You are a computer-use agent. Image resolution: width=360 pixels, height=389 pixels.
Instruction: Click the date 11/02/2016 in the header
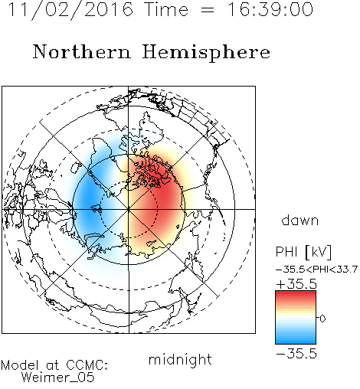[x=70, y=10]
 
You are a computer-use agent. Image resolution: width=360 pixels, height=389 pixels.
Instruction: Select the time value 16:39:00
[x=270, y=9]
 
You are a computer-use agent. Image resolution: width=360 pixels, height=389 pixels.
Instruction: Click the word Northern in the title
[x=81, y=51]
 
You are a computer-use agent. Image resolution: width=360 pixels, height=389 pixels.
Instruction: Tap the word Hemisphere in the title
[x=206, y=53]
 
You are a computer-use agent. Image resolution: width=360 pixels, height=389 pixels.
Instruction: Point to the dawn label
[x=300, y=220]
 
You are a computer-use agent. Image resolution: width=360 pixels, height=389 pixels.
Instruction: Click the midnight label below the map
[x=180, y=360]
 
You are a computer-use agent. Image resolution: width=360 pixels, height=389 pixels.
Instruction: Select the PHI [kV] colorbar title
[x=303, y=252]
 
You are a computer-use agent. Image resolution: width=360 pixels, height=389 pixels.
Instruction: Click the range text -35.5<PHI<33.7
[x=316, y=270]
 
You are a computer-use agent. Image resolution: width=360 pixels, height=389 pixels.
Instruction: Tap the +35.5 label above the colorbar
[x=296, y=284]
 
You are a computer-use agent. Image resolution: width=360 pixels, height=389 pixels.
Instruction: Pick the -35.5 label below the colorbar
[x=296, y=354]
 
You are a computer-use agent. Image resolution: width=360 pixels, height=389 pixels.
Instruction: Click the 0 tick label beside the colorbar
[x=322, y=319]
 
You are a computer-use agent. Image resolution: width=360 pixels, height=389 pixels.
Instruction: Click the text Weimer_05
[x=58, y=378]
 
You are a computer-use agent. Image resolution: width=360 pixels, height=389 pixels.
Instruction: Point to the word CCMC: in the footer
[x=87, y=365]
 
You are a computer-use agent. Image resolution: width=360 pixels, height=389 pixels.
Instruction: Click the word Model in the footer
[x=20, y=365]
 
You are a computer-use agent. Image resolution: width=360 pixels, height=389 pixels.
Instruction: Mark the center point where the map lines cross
[x=129, y=209]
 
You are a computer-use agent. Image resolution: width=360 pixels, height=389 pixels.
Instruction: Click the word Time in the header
[x=166, y=9]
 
